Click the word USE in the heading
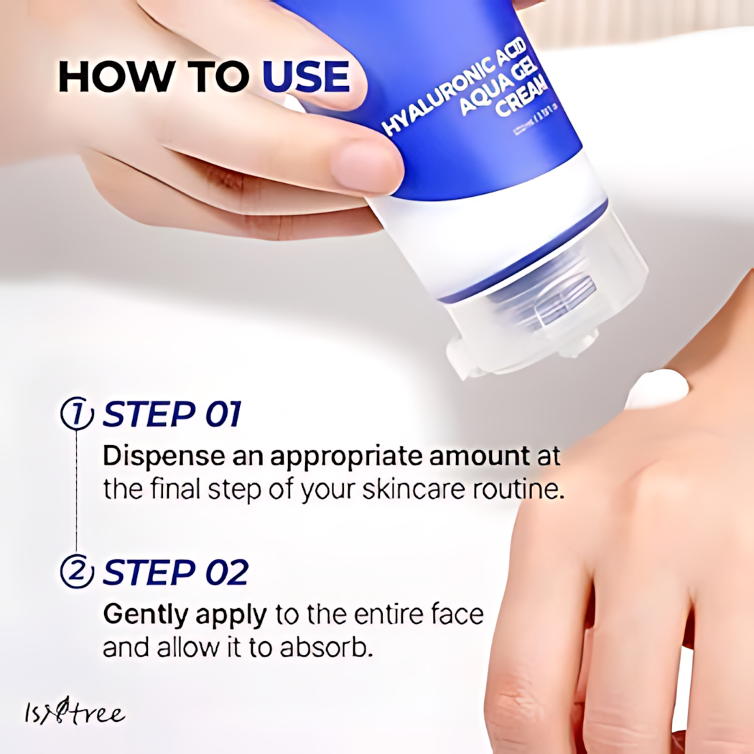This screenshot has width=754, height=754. click(307, 78)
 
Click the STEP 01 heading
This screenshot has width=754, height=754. click(172, 415)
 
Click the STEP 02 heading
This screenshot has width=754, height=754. click(175, 572)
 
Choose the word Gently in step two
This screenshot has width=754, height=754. click(145, 615)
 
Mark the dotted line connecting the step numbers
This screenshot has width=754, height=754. click(77, 494)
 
